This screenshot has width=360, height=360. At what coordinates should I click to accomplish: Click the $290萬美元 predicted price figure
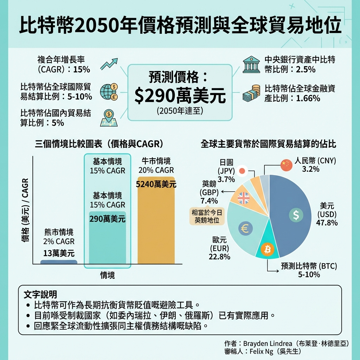(x=180, y=96)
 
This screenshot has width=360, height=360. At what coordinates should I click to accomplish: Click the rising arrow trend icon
(x=109, y=64)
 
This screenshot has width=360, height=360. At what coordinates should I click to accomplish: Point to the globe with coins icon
(x=109, y=92)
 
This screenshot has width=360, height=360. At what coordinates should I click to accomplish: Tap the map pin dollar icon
(x=109, y=117)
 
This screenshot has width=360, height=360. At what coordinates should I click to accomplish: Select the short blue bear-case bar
(x=59, y=262)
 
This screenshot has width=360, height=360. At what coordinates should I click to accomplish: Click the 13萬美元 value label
(x=59, y=253)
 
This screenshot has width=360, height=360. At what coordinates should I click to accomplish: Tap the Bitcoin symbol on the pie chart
(x=268, y=250)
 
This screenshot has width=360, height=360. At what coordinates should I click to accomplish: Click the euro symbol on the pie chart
(x=245, y=229)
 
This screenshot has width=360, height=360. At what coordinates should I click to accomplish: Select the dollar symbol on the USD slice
(x=296, y=215)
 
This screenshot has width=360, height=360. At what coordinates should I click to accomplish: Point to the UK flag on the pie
(x=243, y=198)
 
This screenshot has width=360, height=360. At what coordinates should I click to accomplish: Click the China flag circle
(x=287, y=165)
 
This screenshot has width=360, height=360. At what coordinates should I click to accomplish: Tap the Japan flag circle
(x=242, y=171)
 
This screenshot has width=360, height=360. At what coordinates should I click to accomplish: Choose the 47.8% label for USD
(x=327, y=223)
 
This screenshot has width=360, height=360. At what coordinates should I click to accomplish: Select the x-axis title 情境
(x=108, y=275)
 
